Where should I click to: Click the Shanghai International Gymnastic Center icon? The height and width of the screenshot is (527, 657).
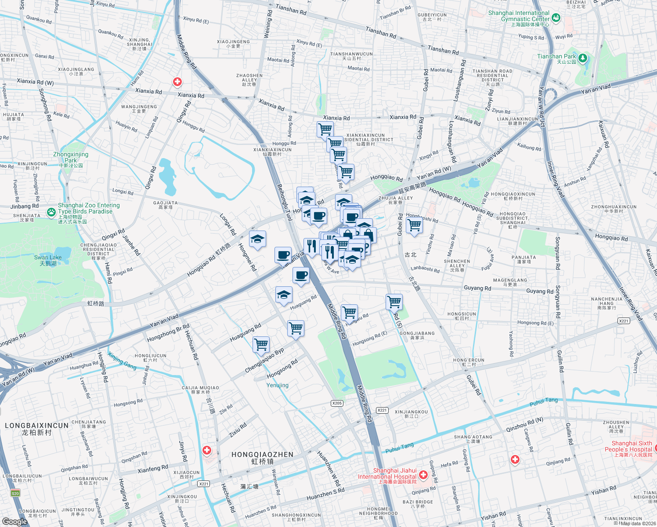556,18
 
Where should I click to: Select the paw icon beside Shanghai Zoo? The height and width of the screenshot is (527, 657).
51,212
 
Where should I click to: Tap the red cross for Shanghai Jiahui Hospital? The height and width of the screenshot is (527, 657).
423,475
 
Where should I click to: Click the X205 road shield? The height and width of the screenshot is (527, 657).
337,403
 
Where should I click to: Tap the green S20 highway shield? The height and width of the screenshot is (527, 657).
15,493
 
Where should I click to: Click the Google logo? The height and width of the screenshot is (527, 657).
14,521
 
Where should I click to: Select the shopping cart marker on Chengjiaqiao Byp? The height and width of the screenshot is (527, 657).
261,344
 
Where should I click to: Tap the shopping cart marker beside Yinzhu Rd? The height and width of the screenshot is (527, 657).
415,225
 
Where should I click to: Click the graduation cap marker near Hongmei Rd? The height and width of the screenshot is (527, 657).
257,239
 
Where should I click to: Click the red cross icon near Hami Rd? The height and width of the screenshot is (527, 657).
177,82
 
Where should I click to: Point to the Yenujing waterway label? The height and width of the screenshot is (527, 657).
278,385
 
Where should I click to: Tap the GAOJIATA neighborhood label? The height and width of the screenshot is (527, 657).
166,205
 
